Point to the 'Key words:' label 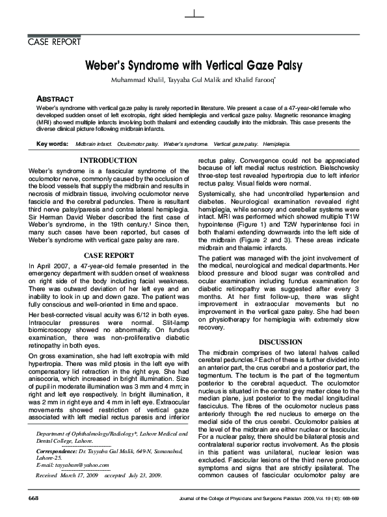pyautogui.click(x=53, y=143)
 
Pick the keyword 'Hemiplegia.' pyautogui.click(x=276, y=143)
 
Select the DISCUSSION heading pyautogui.click(x=280, y=341)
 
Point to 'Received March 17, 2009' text pyautogui.click(x=66, y=476)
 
